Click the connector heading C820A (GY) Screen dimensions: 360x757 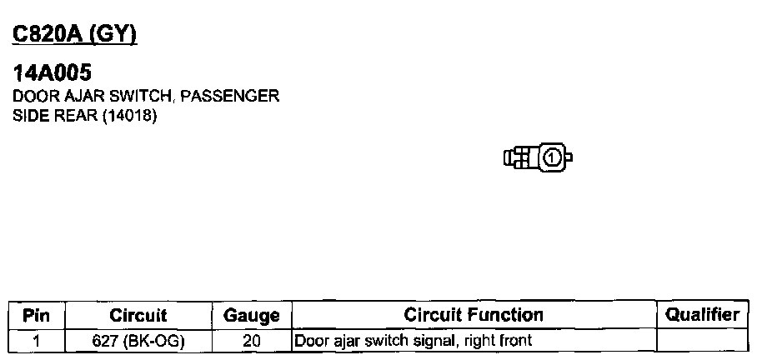click(x=74, y=34)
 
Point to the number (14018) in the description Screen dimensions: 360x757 click(x=129, y=116)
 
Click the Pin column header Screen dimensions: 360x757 click(x=36, y=316)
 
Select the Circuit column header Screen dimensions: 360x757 click(x=138, y=316)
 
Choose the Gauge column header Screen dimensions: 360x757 click(x=251, y=316)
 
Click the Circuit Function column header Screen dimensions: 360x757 click(x=473, y=315)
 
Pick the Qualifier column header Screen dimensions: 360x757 click(x=702, y=315)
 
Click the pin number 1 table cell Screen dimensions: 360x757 click(x=36, y=341)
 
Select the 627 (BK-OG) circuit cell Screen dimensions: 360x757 click(x=138, y=341)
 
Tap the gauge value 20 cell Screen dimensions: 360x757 click(x=251, y=341)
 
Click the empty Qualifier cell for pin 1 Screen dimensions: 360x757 click(x=702, y=341)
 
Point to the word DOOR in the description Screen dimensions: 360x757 click(x=30, y=96)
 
